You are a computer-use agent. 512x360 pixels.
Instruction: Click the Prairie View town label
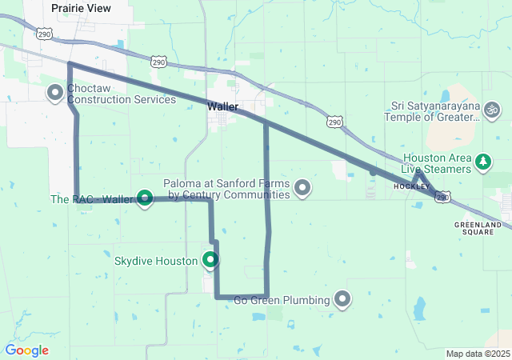pos(81,7)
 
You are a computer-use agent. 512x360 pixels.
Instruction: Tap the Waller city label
pos(223,106)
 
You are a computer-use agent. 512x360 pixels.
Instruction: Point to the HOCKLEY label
pos(412,186)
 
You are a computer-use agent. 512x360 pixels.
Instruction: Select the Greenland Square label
pos(478,228)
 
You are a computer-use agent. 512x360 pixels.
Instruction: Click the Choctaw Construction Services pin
pos(55,93)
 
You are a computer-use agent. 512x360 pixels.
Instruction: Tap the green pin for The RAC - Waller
pos(145,197)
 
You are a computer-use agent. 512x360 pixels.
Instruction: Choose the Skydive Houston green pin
pos(210,259)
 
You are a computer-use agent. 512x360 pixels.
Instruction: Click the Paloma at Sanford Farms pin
pos(302,188)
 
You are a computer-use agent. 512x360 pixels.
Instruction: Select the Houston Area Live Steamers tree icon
pos(483,162)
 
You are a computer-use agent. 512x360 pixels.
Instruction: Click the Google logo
pos(26,350)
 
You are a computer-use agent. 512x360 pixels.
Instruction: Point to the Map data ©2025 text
pos(478,354)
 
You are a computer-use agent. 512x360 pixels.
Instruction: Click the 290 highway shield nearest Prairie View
pos(43,34)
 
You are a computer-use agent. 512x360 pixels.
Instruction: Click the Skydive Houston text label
pos(155,262)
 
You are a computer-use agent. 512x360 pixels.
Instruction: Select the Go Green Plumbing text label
pos(282,301)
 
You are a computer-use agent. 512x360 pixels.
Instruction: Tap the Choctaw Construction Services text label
pos(122,94)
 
